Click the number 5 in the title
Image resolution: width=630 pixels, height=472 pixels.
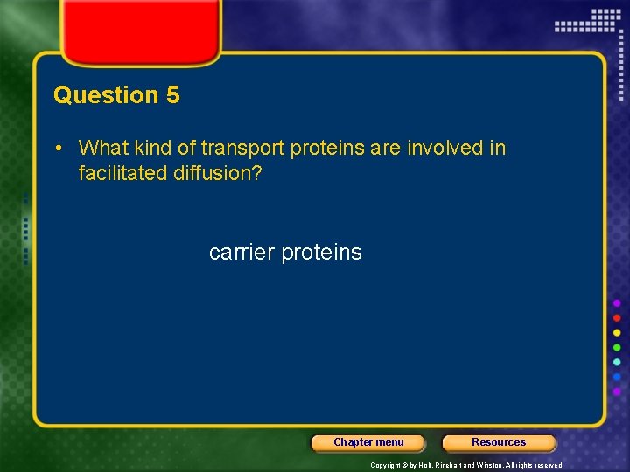171,95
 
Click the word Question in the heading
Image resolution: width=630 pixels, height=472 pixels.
105,95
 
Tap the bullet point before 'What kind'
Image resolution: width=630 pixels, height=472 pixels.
58,149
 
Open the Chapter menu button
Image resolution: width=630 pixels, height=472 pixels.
368,442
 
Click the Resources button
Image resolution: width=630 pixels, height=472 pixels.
499,442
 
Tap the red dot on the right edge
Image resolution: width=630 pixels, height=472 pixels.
617,317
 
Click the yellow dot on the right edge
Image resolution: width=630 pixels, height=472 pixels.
617,332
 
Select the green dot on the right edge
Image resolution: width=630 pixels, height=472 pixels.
617,347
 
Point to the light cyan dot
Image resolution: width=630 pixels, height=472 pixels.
617,362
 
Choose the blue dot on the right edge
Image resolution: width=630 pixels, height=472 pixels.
617,377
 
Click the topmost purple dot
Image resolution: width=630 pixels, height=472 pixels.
617,302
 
